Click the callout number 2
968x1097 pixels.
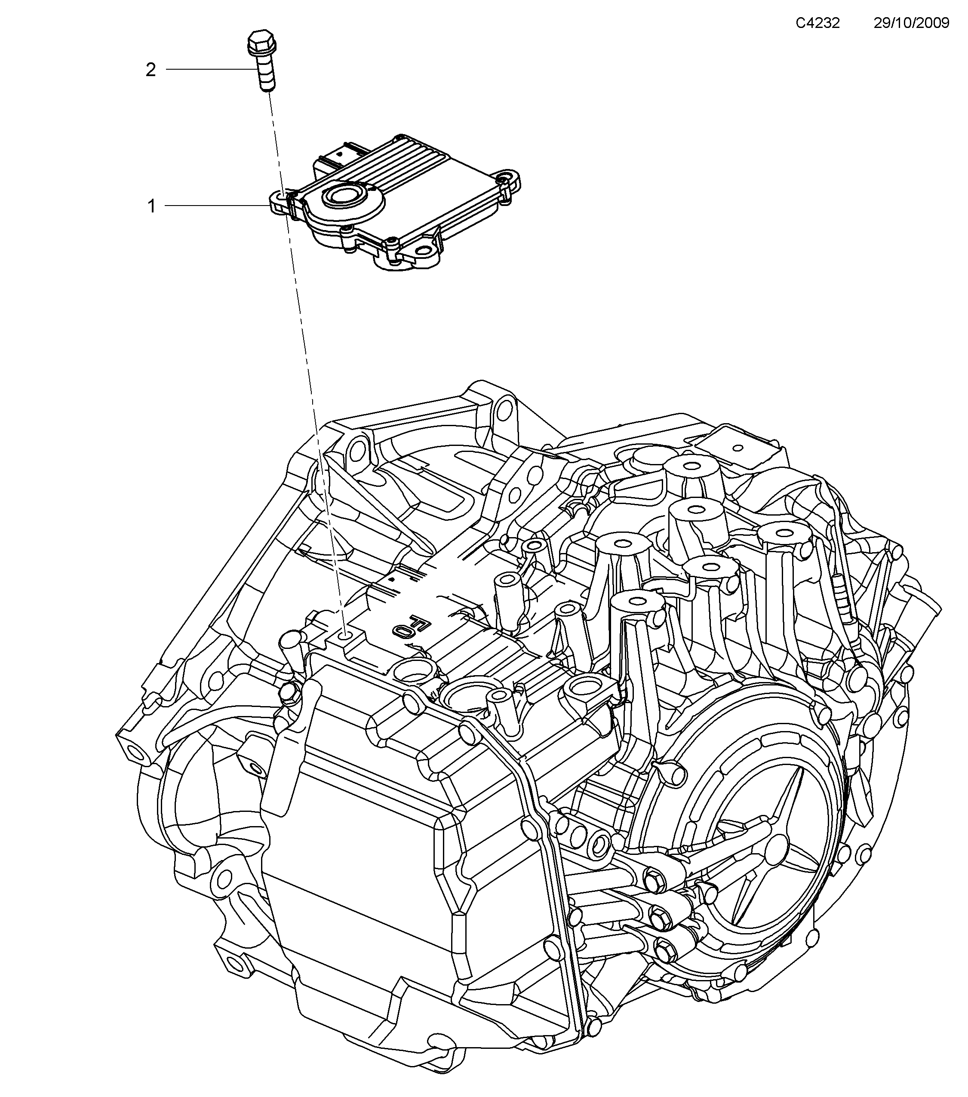(x=151, y=70)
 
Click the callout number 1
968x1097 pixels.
(x=152, y=206)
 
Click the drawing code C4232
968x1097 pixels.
(x=817, y=23)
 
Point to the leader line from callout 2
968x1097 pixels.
(x=209, y=69)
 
